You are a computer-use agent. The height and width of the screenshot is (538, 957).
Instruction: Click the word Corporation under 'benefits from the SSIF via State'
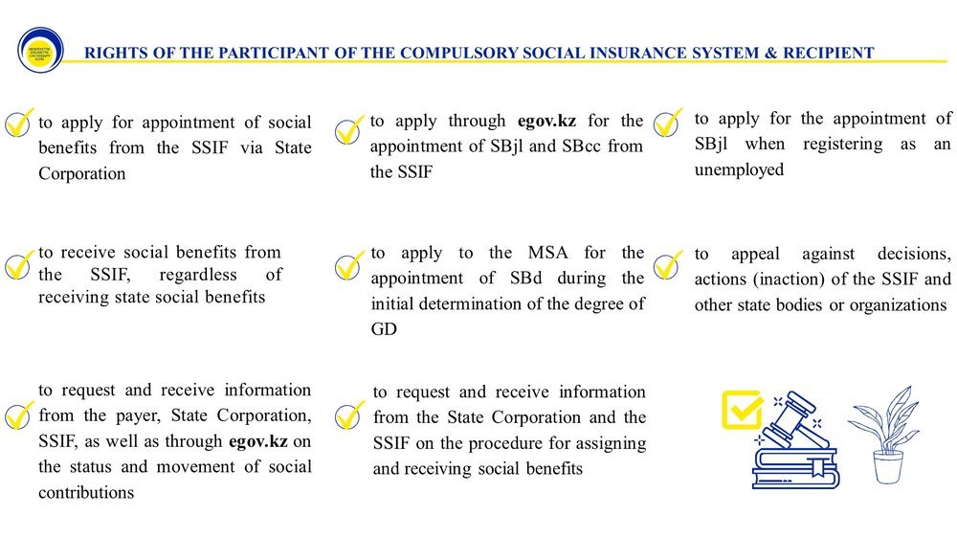[82, 174]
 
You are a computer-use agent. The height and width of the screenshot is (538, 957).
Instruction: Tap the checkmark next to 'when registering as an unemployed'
[666, 123]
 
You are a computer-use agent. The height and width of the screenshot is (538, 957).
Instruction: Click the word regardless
[179, 275]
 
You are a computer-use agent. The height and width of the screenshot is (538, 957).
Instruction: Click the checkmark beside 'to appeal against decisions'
[666, 262]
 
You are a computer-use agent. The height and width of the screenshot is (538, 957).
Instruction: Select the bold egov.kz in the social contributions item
[258, 441]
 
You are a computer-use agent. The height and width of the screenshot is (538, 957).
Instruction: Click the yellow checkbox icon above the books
[740, 409]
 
